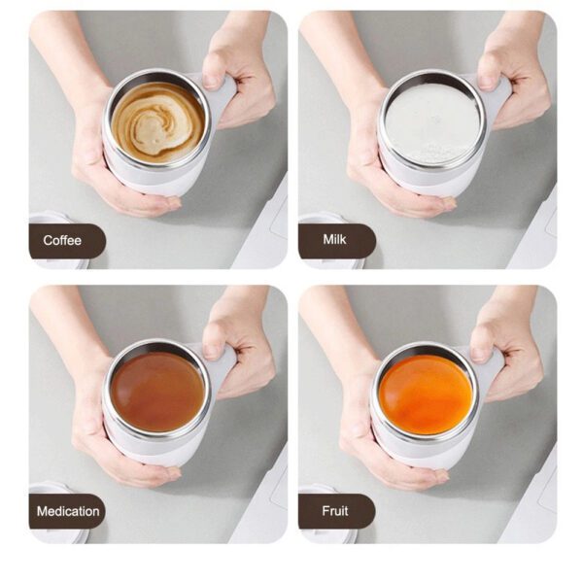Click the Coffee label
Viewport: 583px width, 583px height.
[63, 240]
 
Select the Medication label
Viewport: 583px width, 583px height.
[67, 511]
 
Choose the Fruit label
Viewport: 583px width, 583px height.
[335, 511]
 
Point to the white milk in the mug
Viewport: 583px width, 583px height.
[431, 123]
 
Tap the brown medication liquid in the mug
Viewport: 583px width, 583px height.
[157, 392]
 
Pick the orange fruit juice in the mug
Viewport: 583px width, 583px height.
[426, 394]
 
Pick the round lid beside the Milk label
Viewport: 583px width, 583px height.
[317, 219]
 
